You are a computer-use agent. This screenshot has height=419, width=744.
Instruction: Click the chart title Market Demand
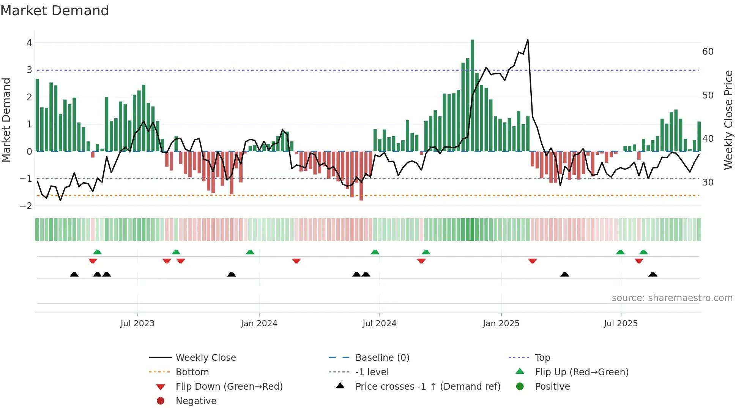pos(55,10)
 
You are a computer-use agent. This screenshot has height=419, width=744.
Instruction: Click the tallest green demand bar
pos(472,95)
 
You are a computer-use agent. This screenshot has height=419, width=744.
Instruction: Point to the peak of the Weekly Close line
pos(528,40)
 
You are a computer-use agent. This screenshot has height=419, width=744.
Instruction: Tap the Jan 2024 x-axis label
pos(259,324)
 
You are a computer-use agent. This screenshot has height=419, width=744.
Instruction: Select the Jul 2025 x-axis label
pos(621,324)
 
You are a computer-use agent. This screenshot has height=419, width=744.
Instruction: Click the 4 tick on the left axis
pos(29,43)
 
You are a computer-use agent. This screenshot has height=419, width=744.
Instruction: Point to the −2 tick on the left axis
pos(26,206)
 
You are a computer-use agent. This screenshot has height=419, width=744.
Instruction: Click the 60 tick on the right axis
pos(708,52)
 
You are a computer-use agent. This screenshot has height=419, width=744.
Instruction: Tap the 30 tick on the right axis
pos(708,183)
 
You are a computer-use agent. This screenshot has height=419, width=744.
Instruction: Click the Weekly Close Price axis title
pos(728,120)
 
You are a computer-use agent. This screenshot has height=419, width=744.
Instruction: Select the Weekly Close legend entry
pos(205,358)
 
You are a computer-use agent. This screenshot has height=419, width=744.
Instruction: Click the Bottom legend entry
pos(192,372)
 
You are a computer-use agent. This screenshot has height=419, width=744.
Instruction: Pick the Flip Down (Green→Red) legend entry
pos(229,387)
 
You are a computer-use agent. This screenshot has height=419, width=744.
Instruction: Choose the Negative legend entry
pos(196,401)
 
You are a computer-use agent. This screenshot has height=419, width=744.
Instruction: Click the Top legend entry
pos(542,358)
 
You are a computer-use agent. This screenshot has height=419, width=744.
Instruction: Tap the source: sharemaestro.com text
pos(672,298)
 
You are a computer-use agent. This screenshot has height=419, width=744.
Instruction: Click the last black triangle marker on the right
pos(653,275)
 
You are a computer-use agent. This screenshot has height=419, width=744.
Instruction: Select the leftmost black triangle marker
pos(74,275)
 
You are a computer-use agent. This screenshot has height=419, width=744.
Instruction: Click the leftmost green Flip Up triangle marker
pos(97,252)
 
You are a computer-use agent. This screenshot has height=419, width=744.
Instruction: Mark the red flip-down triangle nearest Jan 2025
pos(532,261)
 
